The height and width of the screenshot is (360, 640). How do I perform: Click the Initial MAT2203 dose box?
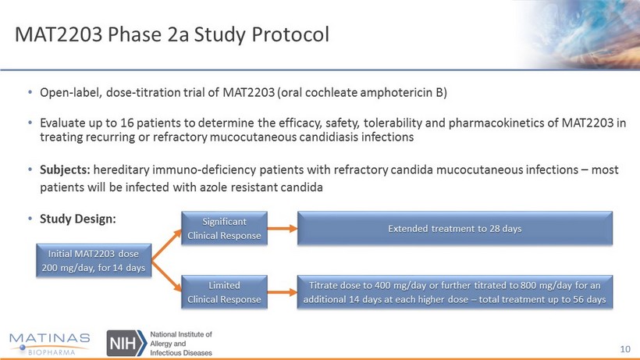pyautogui.click(x=94, y=260)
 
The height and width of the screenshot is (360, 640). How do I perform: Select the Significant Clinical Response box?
pyautogui.click(x=224, y=228)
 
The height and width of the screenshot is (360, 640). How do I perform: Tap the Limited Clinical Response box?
pyautogui.click(x=224, y=292)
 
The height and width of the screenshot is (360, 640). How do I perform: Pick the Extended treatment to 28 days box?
pyautogui.click(x=455, y=228)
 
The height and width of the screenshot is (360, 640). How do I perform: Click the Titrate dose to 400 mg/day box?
pyautogui.click(x=455, y=292)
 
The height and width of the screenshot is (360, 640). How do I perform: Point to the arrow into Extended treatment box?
pyautogui.click(x=283, y=229)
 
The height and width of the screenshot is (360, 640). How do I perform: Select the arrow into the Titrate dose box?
pyautogui.click(x=283, y=292)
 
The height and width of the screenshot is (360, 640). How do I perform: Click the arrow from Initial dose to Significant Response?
pyautogui.click(x=166, y=245)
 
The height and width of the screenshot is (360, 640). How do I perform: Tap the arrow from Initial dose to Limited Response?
pyautogui.click(x=166, y=276)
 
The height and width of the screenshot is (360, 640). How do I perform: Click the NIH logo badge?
pyautogui.click(x=126, y=343)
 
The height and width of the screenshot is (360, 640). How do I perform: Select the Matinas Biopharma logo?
pyautogui.click(x=49, y=344)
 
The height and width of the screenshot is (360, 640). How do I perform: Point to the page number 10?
pyautogui.click(x=625, y=349)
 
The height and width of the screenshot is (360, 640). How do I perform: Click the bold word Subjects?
pyautogui.click(x=65, y=169)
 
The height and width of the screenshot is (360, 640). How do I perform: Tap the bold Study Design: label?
pyautogui.click(x=77, y=219)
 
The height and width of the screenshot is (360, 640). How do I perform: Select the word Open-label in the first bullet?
pyautogui.click(x=71, y=93)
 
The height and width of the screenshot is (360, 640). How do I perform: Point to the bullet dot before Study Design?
pyautogui.click(x=30, y=219)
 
